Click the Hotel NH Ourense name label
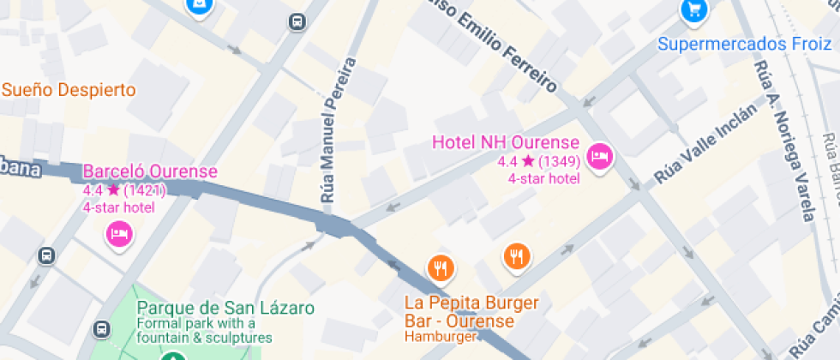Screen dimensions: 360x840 click(x=506, y=142)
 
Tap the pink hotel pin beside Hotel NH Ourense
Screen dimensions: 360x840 click(x=602, y=155)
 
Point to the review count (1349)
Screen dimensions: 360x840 click(x=561, y=160)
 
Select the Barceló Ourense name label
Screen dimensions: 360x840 click(x=150, y=171)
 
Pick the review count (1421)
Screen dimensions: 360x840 click(x=144, y=189)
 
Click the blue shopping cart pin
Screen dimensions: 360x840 click(x=693, y=10)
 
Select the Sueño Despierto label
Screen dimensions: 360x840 click(x=69, y=90)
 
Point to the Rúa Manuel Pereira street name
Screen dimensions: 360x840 click(x=338, y=130)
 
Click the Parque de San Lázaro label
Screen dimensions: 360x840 click(x=225, y=307)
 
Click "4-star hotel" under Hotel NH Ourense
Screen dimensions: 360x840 click(x=543, y=178)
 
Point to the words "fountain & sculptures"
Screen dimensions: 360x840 click(x=204, y=338)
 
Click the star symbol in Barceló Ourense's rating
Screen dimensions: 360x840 click(x=112, y=189)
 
